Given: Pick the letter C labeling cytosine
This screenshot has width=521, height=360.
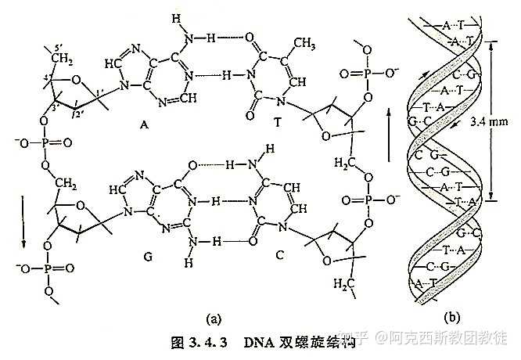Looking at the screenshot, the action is coord(257,256).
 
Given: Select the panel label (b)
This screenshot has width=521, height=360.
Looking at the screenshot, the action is coord(451,317).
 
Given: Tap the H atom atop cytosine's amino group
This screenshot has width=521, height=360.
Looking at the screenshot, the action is coord(270,148).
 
